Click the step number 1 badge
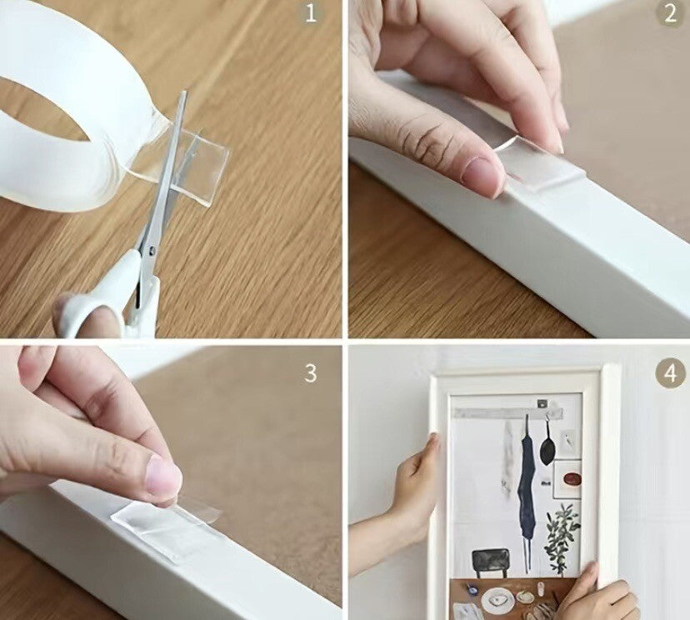(311, 13)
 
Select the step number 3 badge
(310, 372)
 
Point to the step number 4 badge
(670, 372)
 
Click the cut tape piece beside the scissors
(200, 167)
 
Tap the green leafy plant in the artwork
(562, 532)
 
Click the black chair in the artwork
(487, 559)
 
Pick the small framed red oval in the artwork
(571, 479)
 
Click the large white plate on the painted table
(498, 598)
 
